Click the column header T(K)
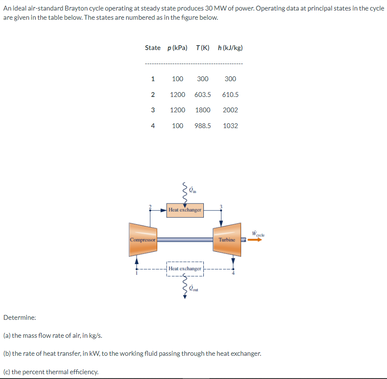pos(203,48)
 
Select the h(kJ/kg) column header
pos(230,48)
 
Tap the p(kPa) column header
pos(178,48)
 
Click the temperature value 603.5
pos(202,94)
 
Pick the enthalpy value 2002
pos(230,110)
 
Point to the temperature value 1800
pos(202,110)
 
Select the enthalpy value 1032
pos(230,126)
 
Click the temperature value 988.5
pos(202,126)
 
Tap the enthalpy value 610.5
pos(230,94)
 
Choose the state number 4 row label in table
pos(153,126)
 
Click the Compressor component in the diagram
pos(143,240)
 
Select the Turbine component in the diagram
pos(227,240)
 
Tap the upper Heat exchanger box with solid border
pos(185,210)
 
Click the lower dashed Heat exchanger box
pos(185,268)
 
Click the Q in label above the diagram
pos(193,190)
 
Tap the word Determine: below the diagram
pos(20,317)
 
